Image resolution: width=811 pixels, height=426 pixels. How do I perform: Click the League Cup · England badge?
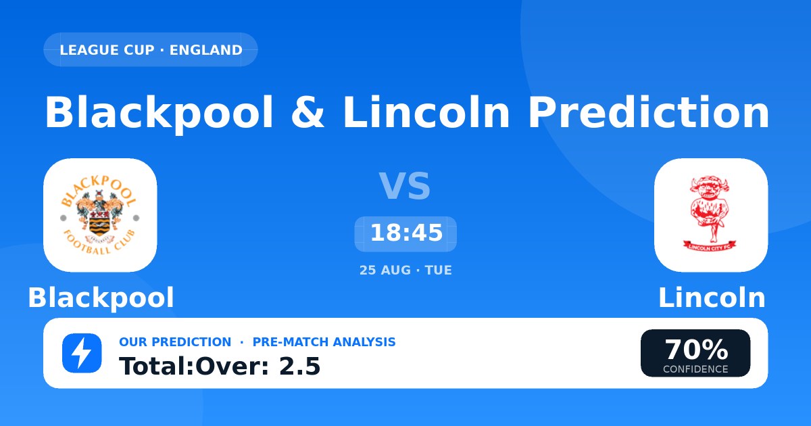pyautogui.click(x=151, y=49)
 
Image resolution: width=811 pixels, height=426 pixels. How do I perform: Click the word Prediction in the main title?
pyautogui.click(x=649, y=112)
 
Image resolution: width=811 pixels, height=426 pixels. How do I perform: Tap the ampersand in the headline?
pyautogui.click(x=308, y=112)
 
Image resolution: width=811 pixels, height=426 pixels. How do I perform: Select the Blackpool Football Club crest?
pyautogui.click(x=100, y=215)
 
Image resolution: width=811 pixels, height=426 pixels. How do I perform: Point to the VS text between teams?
pyautogui.click(x=405, y=186)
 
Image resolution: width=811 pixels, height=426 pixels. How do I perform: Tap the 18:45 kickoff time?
pyautogui.click(x=406, y=233)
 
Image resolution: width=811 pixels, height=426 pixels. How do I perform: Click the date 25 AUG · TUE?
pyautogui.click(x=405, y=270)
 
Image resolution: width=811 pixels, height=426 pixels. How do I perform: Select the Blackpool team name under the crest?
pyautogui.click(x=101, y=298)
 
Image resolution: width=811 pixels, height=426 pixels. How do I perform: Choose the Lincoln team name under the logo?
pyautogui.click(x=712, y=298)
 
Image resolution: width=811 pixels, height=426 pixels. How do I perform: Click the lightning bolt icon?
pyautogui.click(x=82, y=353)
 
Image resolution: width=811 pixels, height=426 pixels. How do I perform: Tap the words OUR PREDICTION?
pyautogui.click(x=175, y=342)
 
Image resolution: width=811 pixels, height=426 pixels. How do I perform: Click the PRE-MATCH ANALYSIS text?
pyautogui.click(x=324, y=342)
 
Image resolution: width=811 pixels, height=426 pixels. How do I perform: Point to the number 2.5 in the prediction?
pyautogui.click(x=300, y=366)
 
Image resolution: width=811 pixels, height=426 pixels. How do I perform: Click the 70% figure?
pyautogui.click(x=696, y=350)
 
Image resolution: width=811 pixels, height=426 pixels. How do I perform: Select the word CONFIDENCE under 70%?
pyautogui.click(x=695, y=369)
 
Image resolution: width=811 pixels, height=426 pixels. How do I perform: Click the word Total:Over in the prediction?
pyautogui.click(x=194, y=366)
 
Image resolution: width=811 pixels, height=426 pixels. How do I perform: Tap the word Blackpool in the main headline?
pyautogui.click(x=159, y=113)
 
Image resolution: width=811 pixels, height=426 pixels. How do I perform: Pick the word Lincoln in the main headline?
pyautogui.click(x=426, y=112)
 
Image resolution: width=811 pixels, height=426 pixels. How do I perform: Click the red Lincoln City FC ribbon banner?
pyautogui.click(x=710, y=246)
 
